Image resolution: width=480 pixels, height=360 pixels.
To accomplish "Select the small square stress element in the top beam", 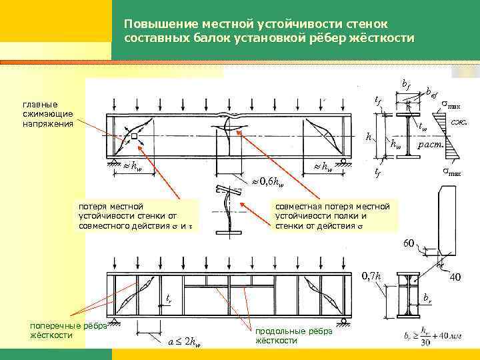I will point(135,136).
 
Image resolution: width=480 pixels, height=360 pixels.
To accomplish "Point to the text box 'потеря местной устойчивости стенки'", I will point(133,216).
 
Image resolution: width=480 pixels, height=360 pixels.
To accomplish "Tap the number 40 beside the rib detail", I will point(455,276).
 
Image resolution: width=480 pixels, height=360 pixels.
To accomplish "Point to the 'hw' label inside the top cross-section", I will point(396,143).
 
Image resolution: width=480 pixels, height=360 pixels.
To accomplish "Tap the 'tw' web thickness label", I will point(422,127).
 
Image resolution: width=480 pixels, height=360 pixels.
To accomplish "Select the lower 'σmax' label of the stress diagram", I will point(453,173).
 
